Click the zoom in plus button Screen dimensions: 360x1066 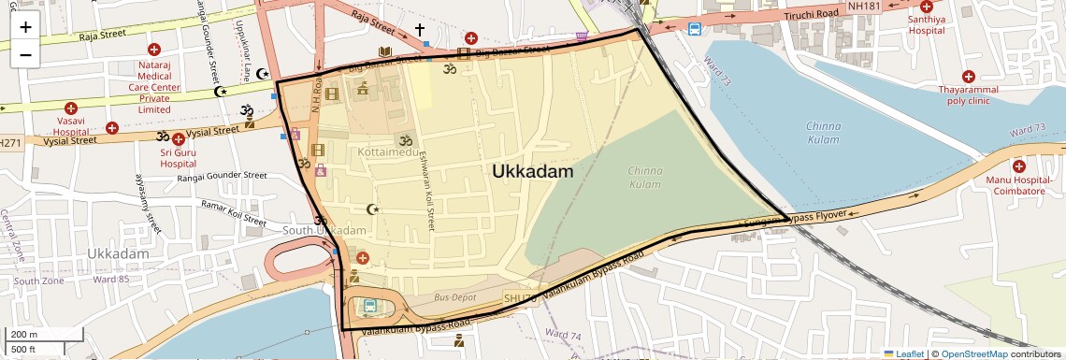tap(25, 26)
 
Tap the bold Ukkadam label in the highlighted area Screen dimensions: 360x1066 tap(533, 172)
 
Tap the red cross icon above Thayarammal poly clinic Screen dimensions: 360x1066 tap(968, 76)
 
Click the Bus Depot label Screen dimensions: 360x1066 tap(455, 297)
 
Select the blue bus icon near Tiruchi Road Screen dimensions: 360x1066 tap(695, 29)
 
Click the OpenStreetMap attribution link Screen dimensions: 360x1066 tap(973, 353)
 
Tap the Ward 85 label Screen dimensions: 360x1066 tap(112, 279)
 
